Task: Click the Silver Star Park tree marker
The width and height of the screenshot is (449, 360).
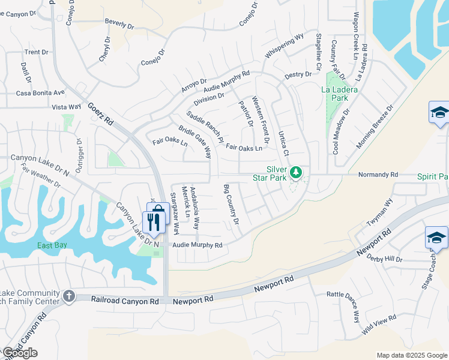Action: (295, 173)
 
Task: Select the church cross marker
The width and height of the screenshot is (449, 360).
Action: (69, 296)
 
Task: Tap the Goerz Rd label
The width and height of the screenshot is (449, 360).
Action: (100, 113)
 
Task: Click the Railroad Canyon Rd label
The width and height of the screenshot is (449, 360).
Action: (125, 299)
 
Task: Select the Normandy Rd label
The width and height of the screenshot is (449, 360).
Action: (378, 175)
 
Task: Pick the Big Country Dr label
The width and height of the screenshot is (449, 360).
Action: (231, 205)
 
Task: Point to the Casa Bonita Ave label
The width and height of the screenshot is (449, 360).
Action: (40, 93)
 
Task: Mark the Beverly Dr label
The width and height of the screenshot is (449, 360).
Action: (119, 25)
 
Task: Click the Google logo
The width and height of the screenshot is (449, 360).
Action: (20, 353)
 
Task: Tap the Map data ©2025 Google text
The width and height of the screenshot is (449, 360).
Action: (412, 355)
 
